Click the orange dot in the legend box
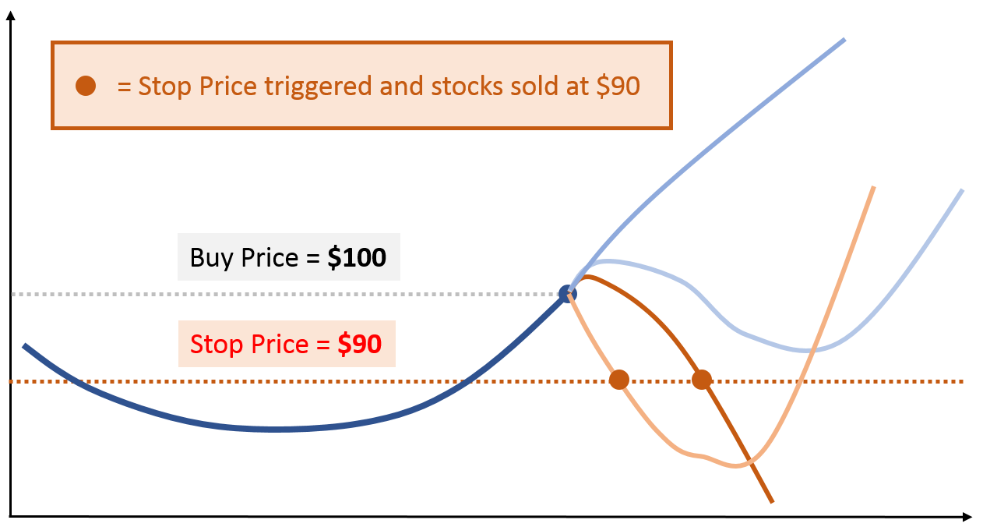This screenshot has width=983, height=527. (86, 86)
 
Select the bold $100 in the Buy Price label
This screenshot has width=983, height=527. (357, 258)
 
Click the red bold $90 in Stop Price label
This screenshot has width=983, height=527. (359, 344)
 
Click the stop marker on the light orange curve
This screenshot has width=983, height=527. (618, 380)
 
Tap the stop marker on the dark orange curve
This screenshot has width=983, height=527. (702, 380)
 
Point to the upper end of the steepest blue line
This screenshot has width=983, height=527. (844, 39)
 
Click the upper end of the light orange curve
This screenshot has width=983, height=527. (874, 188)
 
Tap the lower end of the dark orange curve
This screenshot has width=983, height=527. (772, 501)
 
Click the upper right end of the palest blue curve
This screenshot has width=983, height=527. (963, 190)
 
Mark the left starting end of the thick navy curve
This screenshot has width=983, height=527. (24, 345)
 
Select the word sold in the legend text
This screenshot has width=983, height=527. (536, 86)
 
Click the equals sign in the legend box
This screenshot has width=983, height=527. (124, 87)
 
